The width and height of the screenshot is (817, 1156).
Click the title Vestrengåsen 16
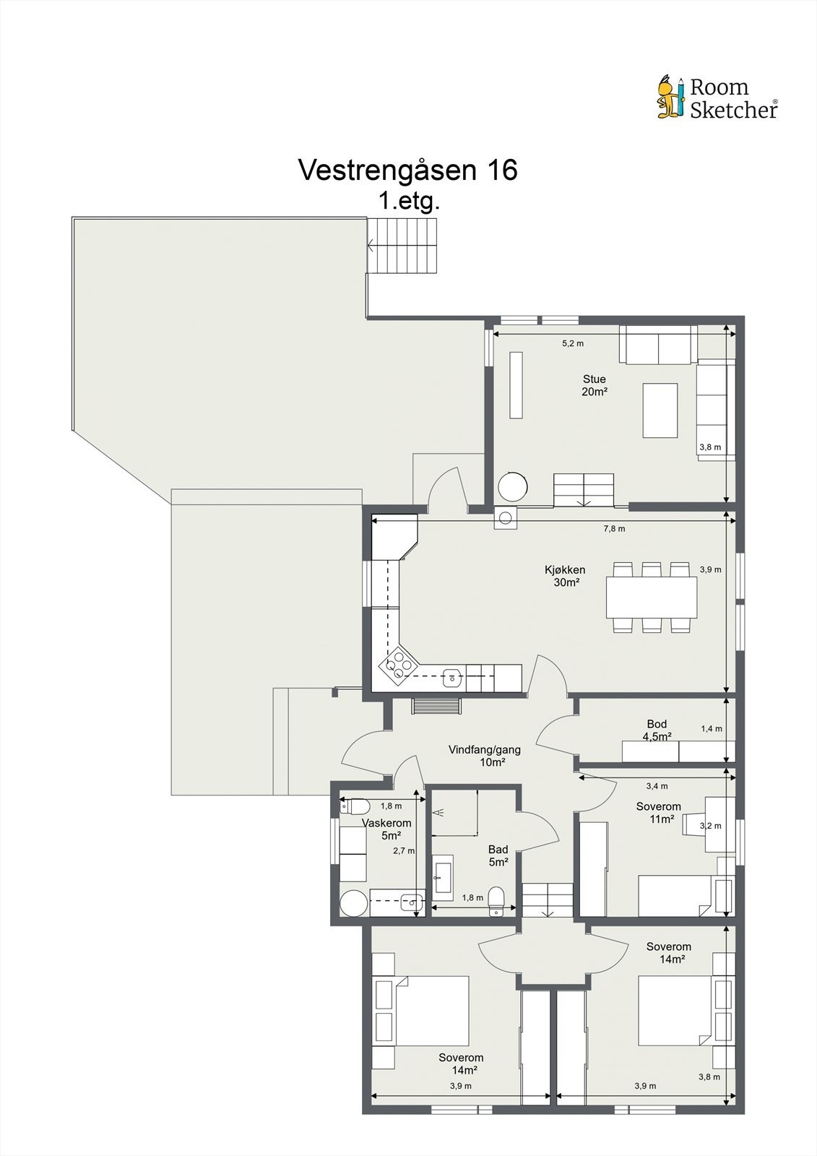point(407,169)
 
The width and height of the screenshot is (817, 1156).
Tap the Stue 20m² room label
point(594,385)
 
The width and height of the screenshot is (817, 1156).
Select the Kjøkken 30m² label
point(565,576)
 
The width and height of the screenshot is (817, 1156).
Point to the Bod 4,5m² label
point(657,730)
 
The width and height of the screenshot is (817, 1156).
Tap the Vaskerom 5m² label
point(386,829)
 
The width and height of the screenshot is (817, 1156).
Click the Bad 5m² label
point(498,855)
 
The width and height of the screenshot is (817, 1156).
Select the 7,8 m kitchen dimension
point(614,529)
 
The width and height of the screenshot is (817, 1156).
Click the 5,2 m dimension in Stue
point(573,343)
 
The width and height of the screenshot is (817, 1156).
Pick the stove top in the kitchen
point(397,665)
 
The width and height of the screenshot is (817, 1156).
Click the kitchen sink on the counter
point(451,678)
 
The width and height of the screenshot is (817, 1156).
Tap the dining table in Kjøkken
point(652,597)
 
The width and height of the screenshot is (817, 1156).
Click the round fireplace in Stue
point(512,486)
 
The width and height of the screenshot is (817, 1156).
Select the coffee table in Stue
point(660,410)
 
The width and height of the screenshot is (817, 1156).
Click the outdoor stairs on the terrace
point(402,245)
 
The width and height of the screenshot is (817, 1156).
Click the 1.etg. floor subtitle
point(409,201)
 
